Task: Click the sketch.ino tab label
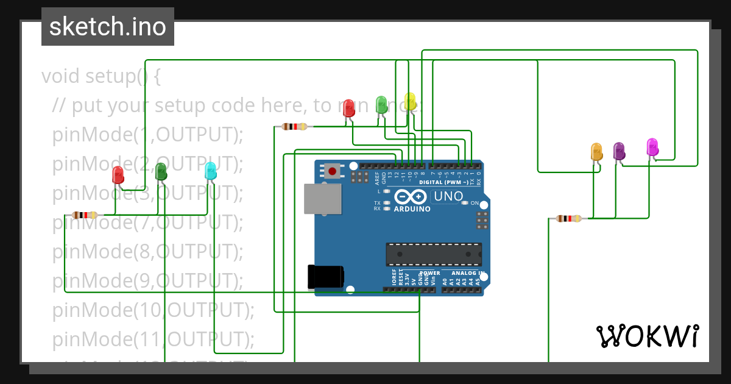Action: pos(108,27)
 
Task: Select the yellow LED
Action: pos(410,102)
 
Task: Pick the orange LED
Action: pos(596,151)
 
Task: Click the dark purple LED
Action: pos(619,151)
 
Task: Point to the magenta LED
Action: pos(652,146)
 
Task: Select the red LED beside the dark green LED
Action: pos(118,175)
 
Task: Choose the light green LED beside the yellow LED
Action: pos(381,104)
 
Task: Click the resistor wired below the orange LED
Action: pos(568,218)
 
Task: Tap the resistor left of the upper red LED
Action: pos(295,127)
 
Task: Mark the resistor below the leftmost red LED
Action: pos(85,215)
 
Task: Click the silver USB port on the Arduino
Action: pos(323,199)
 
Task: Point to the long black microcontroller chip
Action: pos(433,254)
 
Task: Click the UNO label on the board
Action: pos(447,197)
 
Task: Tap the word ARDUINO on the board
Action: pos(412,209)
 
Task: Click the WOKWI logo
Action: pos(647,336)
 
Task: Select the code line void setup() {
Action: pos(101,77)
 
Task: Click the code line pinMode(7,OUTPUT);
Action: pos(147,223)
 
